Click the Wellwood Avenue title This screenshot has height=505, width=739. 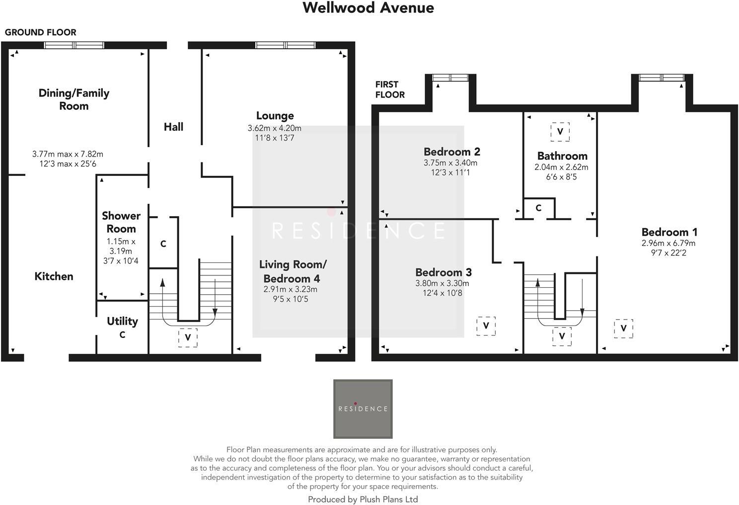pyautogui.click(x=368, y=8)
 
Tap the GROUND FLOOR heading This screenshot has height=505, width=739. pyautogui.click(x=41, y=32)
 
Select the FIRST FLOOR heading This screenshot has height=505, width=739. pyautogui.click(x=390, y=89)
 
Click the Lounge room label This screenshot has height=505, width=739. pyautogui.click(x=275, y=116)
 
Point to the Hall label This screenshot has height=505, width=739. pyautogui.click(x=173, y=127)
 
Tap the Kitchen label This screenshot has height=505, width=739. pyautogui.click(x=54, y=276)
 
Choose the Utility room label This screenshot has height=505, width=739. pyautogui.click(x=122, y=321)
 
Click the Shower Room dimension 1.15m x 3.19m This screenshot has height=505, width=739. pyautogui.click(x=121, y=246)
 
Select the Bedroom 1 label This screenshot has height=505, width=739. pyautogui.click(x=669, y=232)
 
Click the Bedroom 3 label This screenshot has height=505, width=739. pyautogui.click(x=443, y=272)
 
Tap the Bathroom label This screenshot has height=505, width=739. pyautogui.click(x=562, y=156)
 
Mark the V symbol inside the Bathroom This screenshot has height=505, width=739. pyautogui.click(x=560, y=132)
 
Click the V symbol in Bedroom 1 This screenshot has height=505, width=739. pyautogui.click(x=623, y=329)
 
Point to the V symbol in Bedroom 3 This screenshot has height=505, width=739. pyautogui.click(x=486, y=326)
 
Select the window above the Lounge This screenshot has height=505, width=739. pyautogui.click(x=285, y=45)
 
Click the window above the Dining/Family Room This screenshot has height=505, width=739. pyautogui.click(x=74, y=45)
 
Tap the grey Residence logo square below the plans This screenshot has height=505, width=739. pyautogui.click(x=363, y=409)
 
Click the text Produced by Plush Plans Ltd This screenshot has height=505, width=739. pyautogui.click(x=363, y=500)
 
